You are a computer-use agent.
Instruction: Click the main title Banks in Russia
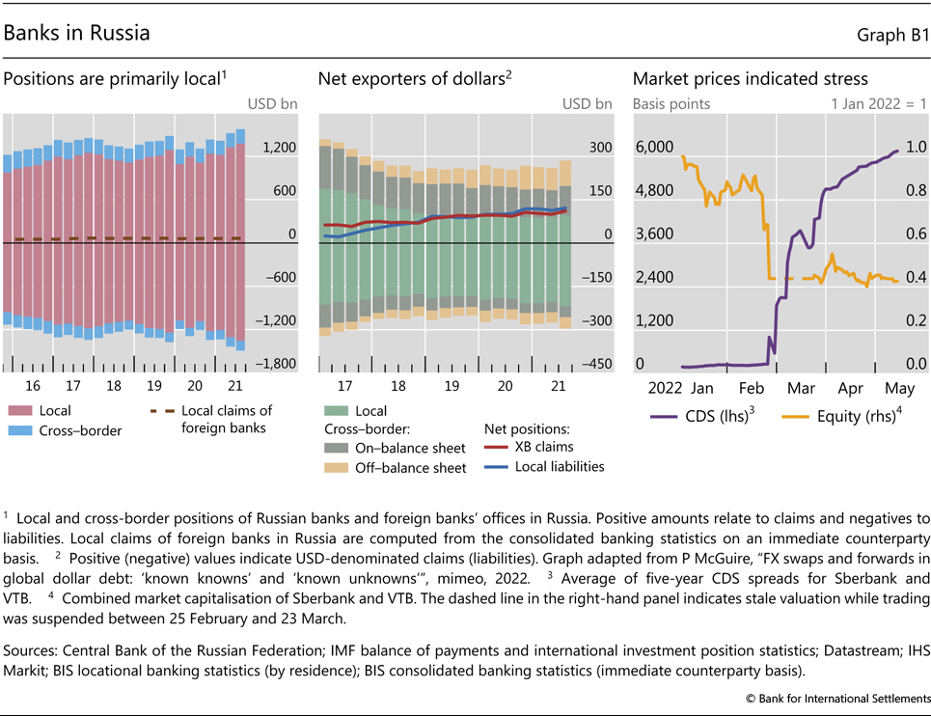click(x=77, y=33)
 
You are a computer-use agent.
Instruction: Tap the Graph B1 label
click(x=892, y=35)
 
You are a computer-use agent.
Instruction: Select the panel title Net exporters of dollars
click(x=411, y=79)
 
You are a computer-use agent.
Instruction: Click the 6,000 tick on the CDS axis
click(x=654, y=147)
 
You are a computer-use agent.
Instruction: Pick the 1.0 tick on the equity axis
click(x=916, y=147)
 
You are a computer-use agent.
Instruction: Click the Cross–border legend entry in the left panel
click(x=80, y=430)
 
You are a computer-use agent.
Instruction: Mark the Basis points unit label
click(x=671, y=104)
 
